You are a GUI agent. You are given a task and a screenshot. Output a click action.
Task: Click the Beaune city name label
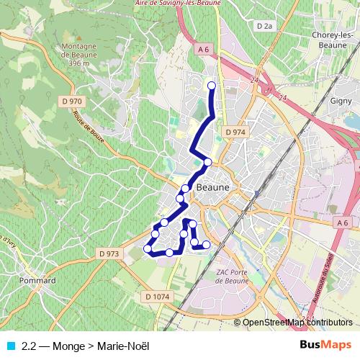click(212, 186)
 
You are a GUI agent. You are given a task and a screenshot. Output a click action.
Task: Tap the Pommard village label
click(38, 280)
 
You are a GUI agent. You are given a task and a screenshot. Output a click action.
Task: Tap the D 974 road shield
click(235, 132)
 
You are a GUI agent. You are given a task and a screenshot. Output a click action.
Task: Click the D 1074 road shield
click(156, 296)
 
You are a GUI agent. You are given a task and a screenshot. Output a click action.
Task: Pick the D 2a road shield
click(265, 26)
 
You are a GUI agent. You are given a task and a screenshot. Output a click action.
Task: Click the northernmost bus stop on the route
click(212, 86)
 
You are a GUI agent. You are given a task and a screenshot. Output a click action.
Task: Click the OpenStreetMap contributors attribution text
click(297, 323)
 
